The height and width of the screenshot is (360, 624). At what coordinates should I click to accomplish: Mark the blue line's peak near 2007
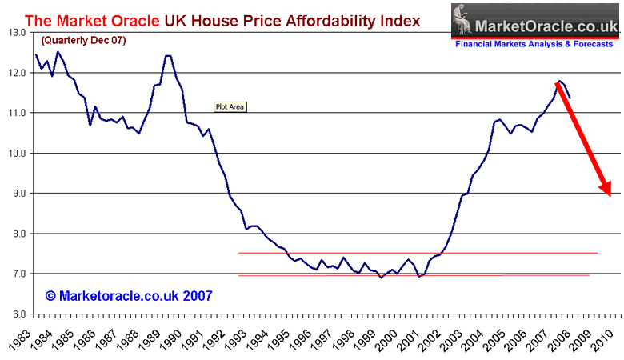560,81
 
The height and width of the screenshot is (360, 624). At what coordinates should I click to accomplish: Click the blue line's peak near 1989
167,55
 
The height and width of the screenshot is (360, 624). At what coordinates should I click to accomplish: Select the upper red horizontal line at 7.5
416,253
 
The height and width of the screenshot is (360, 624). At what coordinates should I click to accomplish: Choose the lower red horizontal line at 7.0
416,275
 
